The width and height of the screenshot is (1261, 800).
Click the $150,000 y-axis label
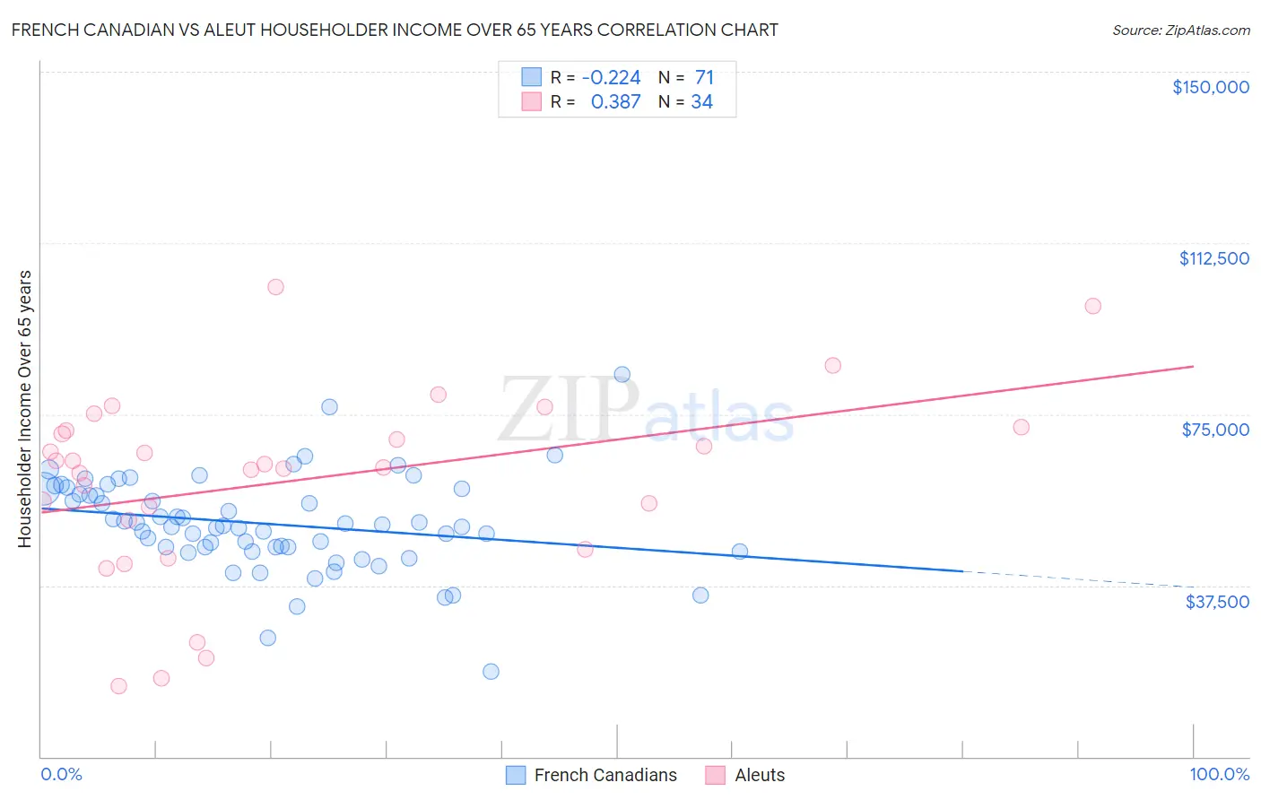pos(1210,87)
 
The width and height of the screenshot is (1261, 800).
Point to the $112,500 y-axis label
pos(1213,258)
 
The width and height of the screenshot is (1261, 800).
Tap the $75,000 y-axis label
pos(1215,430)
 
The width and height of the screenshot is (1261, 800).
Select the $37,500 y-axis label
pos(1217,602)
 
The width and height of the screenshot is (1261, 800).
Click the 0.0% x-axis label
pos(61,775)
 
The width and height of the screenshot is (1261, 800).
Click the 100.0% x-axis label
pos(1219,775)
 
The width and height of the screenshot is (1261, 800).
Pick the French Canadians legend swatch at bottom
pos(515,775)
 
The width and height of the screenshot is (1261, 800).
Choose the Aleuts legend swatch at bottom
pos(715,775)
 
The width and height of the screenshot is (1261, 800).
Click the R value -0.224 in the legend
pos(611,78)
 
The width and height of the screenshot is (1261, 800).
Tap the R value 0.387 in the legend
pos(615,102)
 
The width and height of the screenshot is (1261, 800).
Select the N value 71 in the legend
pos(704,78)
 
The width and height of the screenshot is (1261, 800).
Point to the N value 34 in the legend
pos(701,102)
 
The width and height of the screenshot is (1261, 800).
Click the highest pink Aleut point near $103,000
pos(275,287)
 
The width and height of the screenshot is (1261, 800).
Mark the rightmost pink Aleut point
pos(1092,306)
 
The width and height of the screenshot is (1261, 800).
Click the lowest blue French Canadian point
pos(491,672)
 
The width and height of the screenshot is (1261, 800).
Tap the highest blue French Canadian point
pos(622,375)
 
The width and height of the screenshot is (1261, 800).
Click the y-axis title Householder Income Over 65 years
pos(25,408)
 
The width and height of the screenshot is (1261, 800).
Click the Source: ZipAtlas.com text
pos(1180,30)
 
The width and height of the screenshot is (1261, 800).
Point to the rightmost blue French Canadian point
pos(740,552)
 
